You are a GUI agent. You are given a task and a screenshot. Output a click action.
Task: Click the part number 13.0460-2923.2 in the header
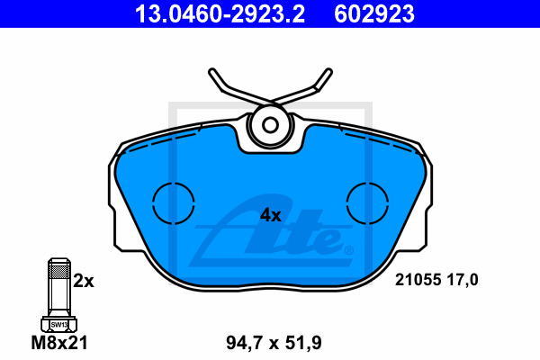pos(220,13)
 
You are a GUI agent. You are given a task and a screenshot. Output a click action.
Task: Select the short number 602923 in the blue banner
pos(374,13)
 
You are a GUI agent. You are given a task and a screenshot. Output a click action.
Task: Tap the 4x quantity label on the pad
pos(271,215)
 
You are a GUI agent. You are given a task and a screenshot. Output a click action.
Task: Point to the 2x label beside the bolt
pos(84,281)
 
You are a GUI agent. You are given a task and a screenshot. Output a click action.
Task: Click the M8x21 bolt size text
pos(59,342)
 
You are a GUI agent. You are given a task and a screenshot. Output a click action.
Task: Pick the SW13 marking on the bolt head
pos(58,325)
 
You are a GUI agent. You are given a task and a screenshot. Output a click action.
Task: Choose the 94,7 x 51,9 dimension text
pos(274,343)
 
